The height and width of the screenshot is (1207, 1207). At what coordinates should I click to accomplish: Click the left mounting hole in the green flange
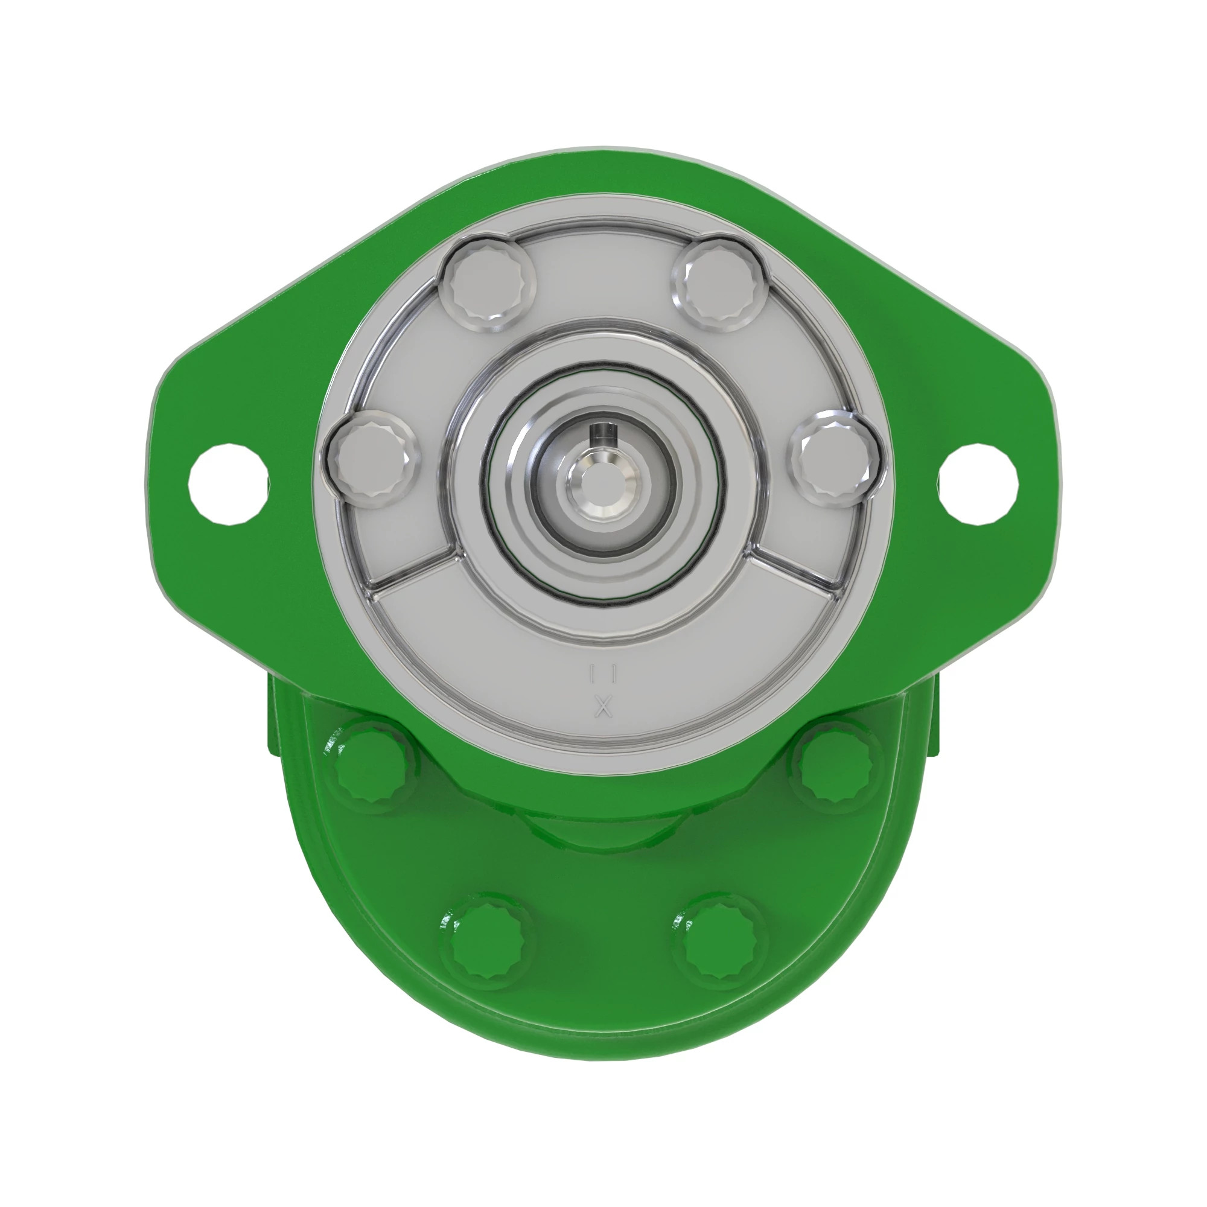[x=229, y=483]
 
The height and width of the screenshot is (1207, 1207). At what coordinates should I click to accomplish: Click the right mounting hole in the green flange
[x=979, y=483]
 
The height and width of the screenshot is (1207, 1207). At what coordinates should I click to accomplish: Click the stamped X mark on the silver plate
[x=603, y=708]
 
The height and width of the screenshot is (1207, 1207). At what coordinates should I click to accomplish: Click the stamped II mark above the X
[x=603, y=674]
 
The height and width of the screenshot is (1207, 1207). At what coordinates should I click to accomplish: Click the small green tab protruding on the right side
[x=933, y=718]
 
